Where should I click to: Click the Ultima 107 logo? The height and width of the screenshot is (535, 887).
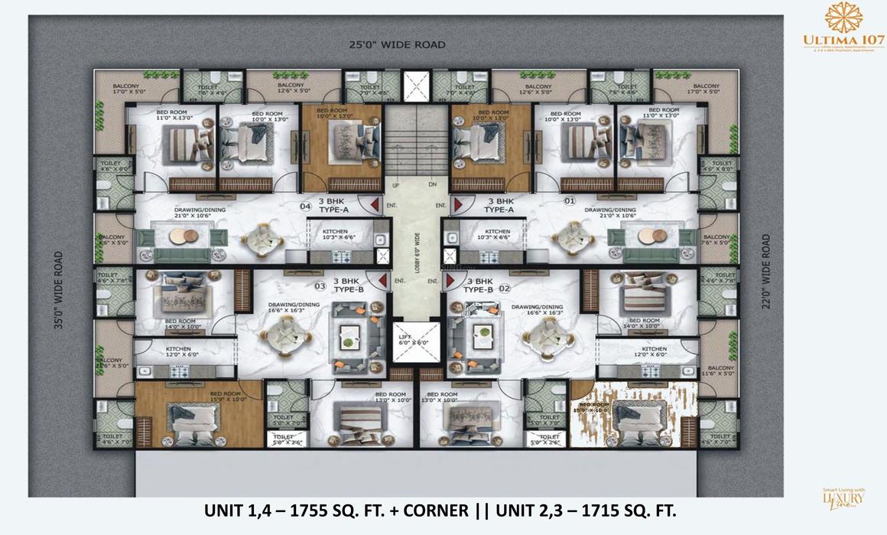click(x=843, y=30)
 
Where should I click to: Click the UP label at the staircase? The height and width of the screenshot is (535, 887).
click(x=396, y=185)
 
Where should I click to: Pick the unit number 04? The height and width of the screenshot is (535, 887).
click(x=304, y=206)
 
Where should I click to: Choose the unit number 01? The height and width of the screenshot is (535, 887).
click(x=568, y=202)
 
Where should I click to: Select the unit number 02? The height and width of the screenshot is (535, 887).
click(x=504, y=289)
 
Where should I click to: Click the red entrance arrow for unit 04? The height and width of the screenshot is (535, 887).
click(x=369, y=205)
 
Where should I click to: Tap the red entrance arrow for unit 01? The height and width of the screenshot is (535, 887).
click(x=459, y=205)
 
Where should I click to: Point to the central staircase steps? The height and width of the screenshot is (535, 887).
click(x=414, y=150)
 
